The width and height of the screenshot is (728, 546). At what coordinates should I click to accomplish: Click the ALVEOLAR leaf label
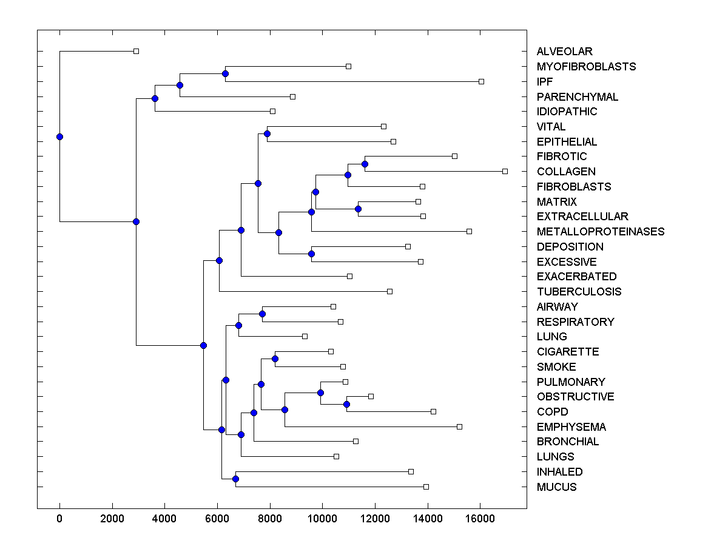564,52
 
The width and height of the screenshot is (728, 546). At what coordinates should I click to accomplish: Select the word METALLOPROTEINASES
600,232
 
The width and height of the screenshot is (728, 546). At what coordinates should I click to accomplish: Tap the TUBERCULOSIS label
579,292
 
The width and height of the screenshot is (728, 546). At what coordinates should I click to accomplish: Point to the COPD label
552,412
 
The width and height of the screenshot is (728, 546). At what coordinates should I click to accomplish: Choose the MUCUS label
556,487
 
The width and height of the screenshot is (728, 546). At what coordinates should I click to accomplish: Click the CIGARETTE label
567,352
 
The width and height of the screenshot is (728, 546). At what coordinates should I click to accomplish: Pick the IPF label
545,81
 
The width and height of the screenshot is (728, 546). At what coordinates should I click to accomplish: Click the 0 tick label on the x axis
59,519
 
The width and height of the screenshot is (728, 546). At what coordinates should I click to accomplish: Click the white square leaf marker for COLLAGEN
505,172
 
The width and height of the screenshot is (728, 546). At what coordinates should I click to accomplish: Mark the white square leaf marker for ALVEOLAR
136,52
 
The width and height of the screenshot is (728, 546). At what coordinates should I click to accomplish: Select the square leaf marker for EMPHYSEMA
459,426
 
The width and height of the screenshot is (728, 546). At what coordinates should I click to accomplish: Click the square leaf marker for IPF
481,81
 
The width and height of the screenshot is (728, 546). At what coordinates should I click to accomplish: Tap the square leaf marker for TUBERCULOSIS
389,292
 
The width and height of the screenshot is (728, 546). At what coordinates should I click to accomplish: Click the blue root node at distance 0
59,136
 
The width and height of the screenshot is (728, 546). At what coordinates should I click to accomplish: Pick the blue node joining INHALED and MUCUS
235,479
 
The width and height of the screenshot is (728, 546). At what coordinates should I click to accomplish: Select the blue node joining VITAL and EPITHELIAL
267,133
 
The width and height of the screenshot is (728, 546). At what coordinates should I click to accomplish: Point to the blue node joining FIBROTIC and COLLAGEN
365,164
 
